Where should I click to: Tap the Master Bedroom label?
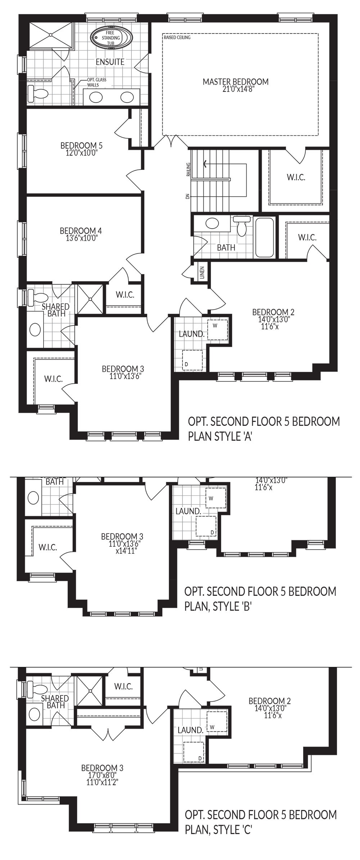click(x=235, y=82)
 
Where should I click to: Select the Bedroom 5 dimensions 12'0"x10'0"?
click(x=81, y=152)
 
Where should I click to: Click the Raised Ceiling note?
click(x=177, y=37)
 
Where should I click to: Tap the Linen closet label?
click(x=202, y=273)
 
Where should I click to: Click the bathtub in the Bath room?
click(x=265, y=237)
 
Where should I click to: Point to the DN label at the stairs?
click(x=187, y=196)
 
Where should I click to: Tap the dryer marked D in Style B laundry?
click(x=206, y=526)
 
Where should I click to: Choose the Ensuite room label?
click(x=110, y=62)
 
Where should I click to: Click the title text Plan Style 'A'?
click(x=220, y=437)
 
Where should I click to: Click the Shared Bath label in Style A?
click(x=56, y=310)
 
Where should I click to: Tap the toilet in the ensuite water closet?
click(x=38, y=93)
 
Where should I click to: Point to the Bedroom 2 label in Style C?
click(x=270, y=701)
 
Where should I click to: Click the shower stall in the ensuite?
click(x=51, y=35)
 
